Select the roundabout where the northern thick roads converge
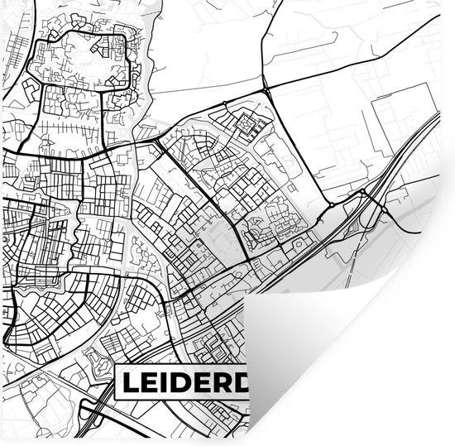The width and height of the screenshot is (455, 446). [x=263, y=89]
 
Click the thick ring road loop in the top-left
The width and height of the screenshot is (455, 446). [x=79, y=58]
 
